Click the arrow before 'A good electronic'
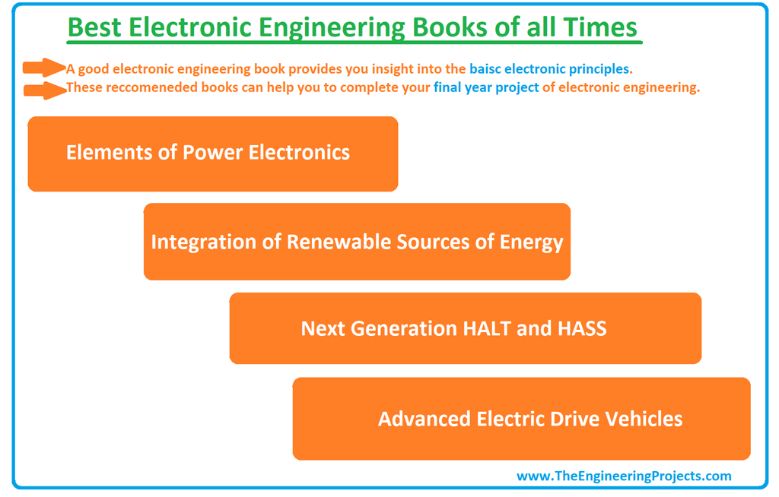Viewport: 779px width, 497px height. [44, 68]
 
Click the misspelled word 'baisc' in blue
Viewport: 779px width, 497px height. [485, 69]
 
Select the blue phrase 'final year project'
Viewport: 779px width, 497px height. [486, 87]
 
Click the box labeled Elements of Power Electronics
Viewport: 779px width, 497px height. [212, 153]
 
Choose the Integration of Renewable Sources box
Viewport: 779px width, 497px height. [357, 242]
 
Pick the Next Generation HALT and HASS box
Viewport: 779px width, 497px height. [465, 328]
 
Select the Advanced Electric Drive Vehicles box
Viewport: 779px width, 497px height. [521, 419]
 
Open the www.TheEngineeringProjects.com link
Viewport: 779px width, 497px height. [624, 476]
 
